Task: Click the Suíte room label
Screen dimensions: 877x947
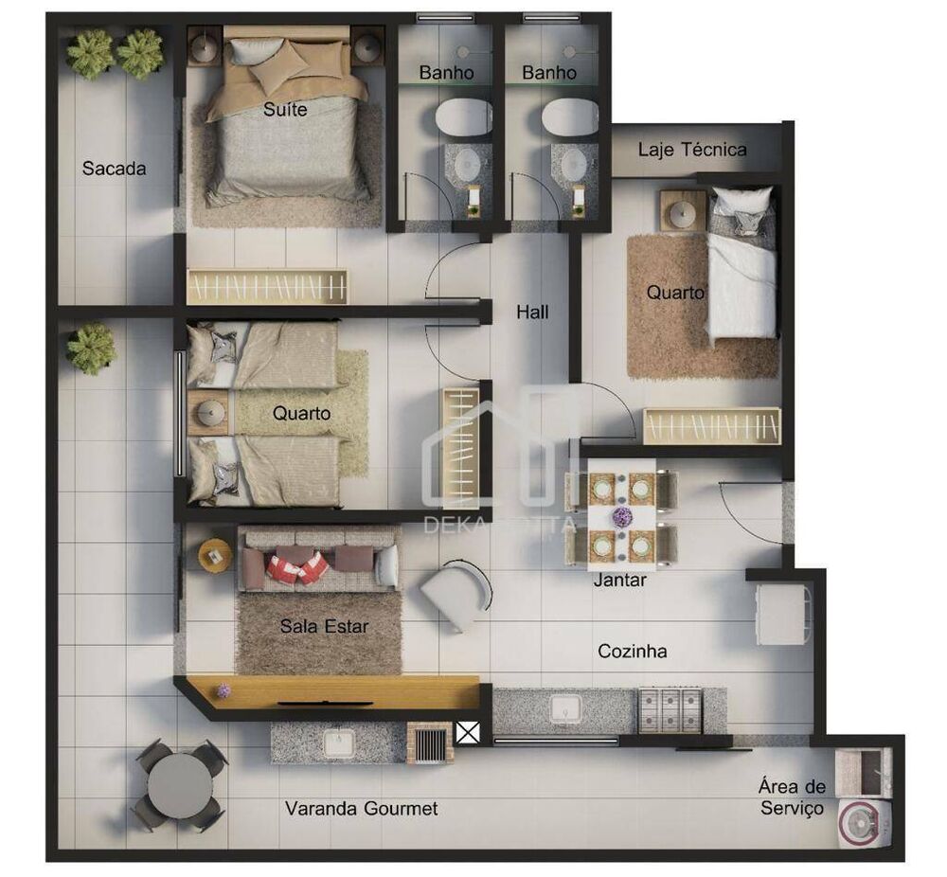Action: tap(285, 109)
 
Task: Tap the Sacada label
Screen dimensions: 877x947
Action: tap(114, 169)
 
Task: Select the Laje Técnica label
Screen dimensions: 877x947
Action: tap(692, 149)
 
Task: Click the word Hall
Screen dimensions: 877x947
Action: tap(532, 311)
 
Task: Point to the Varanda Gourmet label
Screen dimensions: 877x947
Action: tap(362, 808)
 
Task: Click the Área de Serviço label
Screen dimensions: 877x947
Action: tap(793, 797)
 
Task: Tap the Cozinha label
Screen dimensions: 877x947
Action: tap(633, 651)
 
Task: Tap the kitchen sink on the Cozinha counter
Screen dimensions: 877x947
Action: tap(565, 709)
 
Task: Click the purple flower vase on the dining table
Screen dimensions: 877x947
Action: tap(621, 517)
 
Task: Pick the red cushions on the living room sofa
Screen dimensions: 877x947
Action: tap(297, 566)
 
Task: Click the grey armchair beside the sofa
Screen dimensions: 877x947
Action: tap(456, 595)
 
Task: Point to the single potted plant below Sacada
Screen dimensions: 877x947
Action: tap(92, 348)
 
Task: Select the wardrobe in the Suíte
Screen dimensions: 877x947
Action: tap(268, 286)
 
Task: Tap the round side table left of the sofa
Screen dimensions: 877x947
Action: tap(215, 555)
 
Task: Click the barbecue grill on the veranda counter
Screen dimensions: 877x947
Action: tap(430, 743)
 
